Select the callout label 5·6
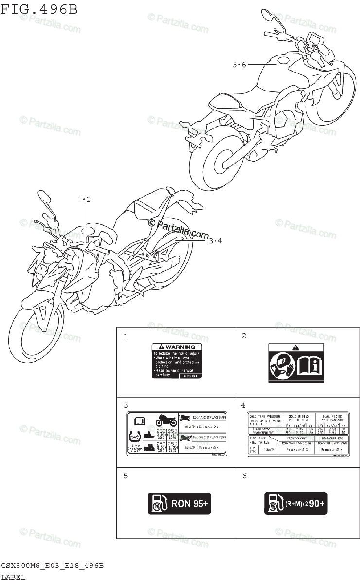click(240, 65)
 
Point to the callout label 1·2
click(84, 199)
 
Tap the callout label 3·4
click(215, 240)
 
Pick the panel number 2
click(244, 336)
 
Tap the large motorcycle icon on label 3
click(166, 420)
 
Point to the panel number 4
click(243, 405)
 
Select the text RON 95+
click(190, 504)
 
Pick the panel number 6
click(244, 475)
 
